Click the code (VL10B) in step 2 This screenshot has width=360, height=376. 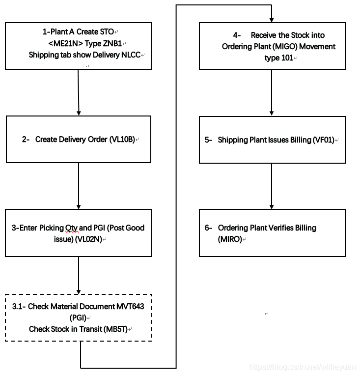pyautogui.click(x=121, y=140)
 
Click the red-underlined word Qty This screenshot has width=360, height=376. pyautogui.click(x=72, y=228)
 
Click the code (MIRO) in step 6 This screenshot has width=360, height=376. pyautogui.click(x=230, y=239)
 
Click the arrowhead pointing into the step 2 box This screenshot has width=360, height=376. pyautogui.click(x=79, y=112)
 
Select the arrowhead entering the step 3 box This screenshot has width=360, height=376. pyautogui.click(x=79, y=205)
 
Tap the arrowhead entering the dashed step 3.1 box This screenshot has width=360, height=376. pyautogui.click(x=79, y=290)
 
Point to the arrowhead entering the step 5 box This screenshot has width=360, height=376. pyautogui.click(x=272, y=113)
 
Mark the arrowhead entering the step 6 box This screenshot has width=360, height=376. pyautogui.click(x=272, y=205)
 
